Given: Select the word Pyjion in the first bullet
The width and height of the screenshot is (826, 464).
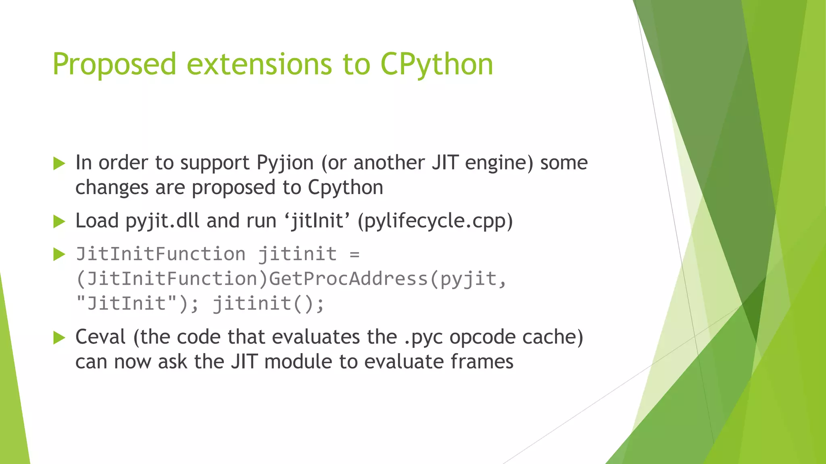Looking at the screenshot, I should click(x=285, y=163).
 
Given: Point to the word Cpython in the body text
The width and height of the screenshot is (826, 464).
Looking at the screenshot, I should click(x=345, y=188).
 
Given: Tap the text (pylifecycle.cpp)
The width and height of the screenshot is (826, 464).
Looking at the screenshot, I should click(x=435, y=221).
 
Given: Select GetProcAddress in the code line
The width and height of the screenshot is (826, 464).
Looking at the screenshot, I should click(x=348, y=279).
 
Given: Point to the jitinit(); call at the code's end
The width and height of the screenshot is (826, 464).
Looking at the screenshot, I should click(x=268, y=303).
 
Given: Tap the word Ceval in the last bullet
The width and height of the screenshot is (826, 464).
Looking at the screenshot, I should click(x=100, y=337).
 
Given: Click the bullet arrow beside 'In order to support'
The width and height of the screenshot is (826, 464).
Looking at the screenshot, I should click(x=59, y=164).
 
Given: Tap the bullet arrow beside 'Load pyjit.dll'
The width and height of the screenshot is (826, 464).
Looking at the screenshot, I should click(x=59, y=221).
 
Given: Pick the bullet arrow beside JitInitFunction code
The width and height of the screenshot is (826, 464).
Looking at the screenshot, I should click(x=59, y=254).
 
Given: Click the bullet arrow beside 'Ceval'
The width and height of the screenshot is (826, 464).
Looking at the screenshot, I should click(x=59, y=338).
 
